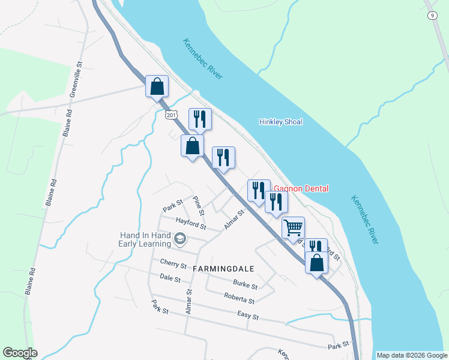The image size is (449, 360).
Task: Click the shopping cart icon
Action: pos(293,228)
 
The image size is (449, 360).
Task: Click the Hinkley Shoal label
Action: pos(280,122)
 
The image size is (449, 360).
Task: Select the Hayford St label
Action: pos(191,224)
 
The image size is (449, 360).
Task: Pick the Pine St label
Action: pos(199,205)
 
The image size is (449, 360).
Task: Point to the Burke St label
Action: pos(245,284)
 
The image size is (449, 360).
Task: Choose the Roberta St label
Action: pos(239,297)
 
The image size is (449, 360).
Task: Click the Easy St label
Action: pos(247,316)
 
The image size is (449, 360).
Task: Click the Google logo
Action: pos(20,353)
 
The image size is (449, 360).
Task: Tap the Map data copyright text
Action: pos(411,355)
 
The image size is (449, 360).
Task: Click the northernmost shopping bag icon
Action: pos(157,86)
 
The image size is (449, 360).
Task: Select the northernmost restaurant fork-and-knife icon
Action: pos(200,119)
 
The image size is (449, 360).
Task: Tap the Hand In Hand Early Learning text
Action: pos(145,239)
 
